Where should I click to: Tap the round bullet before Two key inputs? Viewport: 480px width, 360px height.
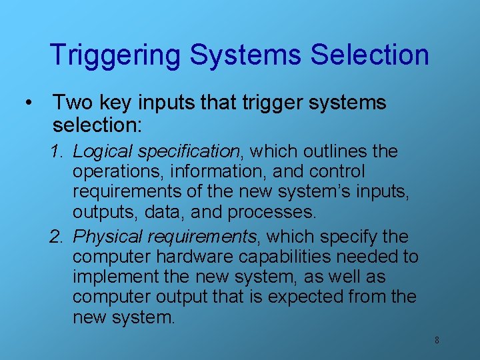point(27,103)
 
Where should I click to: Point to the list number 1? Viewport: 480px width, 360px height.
point(56,152)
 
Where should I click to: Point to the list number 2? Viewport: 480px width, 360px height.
point(56,237)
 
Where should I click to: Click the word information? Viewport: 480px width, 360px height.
point(210,172)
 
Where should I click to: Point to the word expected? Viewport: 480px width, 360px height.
point(307,297)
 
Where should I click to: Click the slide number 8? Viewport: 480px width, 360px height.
point(437,340)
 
